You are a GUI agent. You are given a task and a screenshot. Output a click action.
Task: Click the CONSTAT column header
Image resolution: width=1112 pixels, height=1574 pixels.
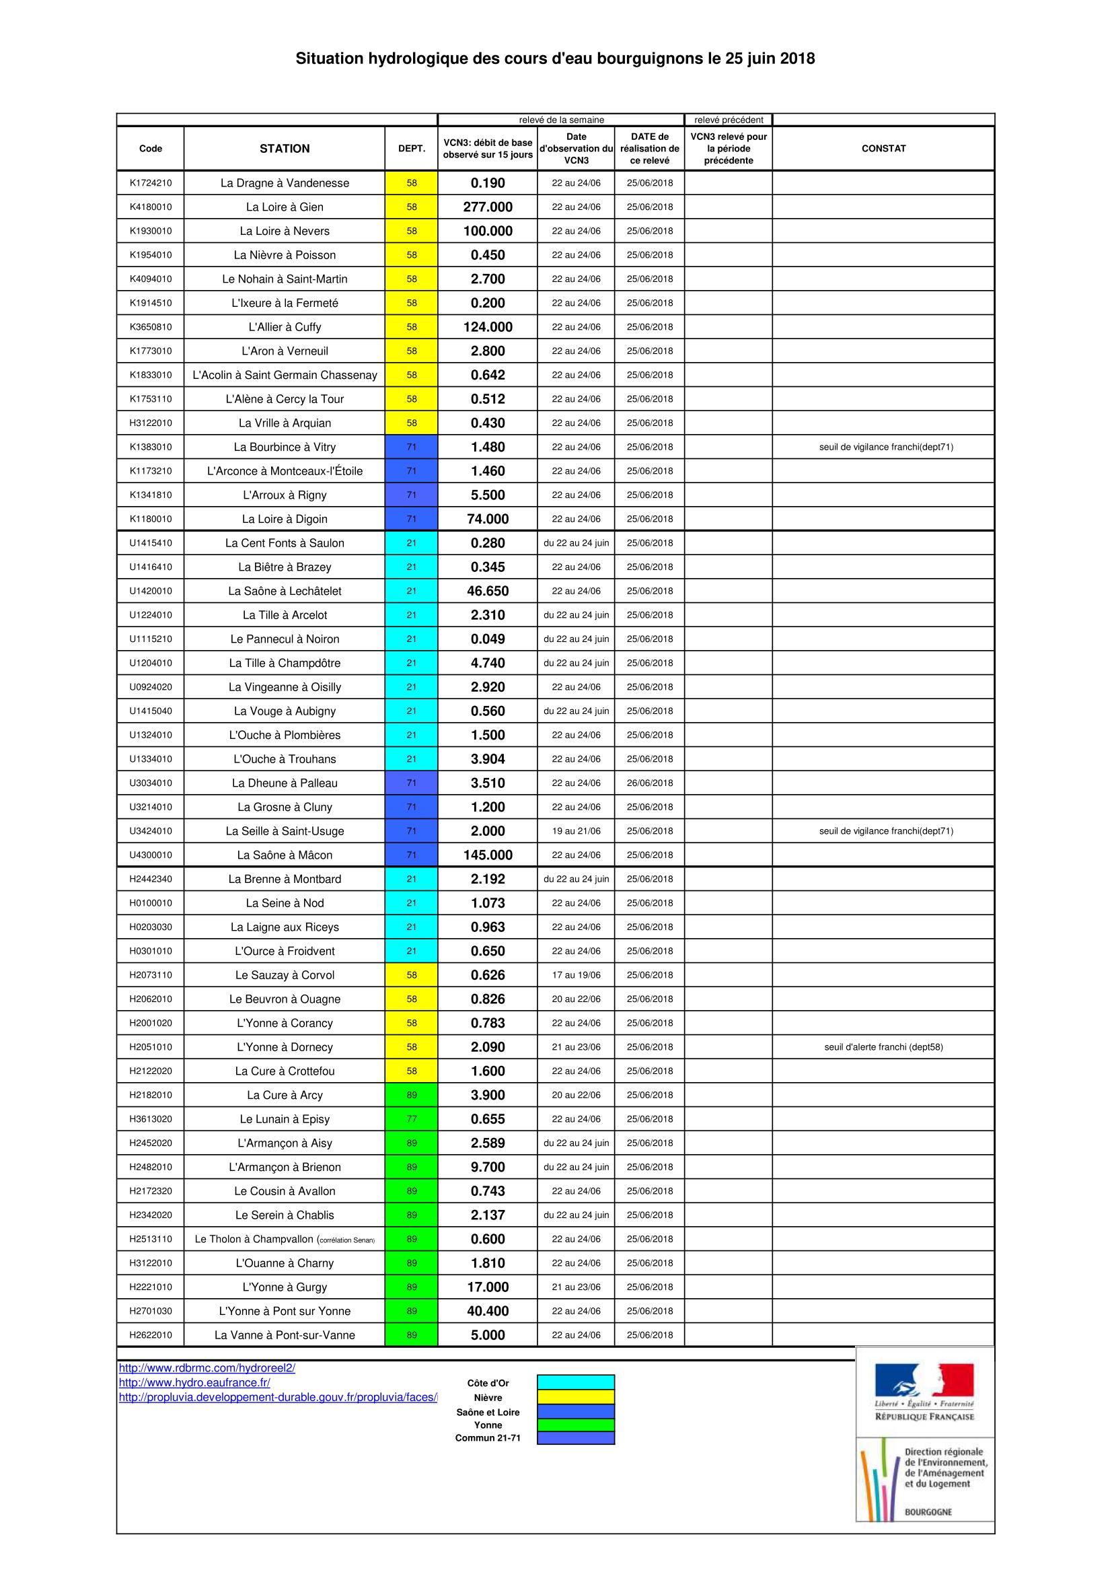pyautogui.click(x=883, y=148)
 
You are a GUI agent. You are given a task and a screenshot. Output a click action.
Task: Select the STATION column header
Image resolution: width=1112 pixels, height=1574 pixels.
pyautogui.click(x=285, y=148)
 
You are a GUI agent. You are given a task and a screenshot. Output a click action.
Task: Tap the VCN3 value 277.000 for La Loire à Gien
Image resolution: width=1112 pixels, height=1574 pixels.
pyautogui.click(x=487, y=207)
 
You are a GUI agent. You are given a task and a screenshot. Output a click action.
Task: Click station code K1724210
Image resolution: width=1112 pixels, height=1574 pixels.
pyautogui.click(x=151, y=183)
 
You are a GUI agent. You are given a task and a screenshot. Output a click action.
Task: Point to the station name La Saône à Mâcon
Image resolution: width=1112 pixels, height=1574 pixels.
pyautogui.click(x=285, y=855)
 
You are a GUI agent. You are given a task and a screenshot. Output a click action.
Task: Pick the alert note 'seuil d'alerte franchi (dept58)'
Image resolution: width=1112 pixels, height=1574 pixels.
pyautogui.click(x=883, y=1047)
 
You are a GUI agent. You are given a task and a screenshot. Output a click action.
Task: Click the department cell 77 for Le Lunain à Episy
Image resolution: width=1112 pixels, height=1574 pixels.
pyautogui.click(x=411, y=1119)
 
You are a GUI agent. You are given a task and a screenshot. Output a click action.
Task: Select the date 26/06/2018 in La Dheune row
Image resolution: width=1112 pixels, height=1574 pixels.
pyautogui.click(x=650, y=783)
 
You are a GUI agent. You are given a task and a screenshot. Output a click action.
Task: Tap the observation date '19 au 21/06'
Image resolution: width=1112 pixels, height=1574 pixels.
pyautogui.click(x=576, y=831)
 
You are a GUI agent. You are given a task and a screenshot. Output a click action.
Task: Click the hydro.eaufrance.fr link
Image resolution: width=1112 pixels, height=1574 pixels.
pyautogui.click(x=194, y=1383)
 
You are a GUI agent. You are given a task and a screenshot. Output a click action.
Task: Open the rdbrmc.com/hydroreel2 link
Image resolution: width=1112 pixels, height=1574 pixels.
pyautogui.click(x=207, y=1367)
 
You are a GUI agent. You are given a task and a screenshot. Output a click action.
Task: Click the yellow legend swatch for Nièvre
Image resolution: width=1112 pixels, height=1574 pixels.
pyautogui.click(x=576, y=1397)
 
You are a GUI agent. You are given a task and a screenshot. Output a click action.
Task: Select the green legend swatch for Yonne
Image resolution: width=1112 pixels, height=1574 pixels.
pyautogui.click(x=576, y=1425)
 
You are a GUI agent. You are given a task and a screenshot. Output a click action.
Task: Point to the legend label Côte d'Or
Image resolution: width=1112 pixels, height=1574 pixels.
pyautogui.click(x=488, y=1384)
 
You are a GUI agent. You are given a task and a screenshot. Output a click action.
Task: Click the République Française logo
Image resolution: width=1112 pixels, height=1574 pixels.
pyautogui.click(x=924, y=1392)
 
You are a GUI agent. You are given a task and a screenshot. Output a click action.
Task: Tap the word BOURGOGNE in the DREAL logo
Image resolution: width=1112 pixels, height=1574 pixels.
pyautogui.click(x=928, y=1511)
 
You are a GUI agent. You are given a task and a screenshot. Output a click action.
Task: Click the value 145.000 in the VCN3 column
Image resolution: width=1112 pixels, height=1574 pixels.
pyautogui.click(x=487, y=855)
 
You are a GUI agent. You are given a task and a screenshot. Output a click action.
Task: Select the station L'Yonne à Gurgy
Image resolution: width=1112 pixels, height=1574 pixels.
pyautogui.click(x=285, y=1287)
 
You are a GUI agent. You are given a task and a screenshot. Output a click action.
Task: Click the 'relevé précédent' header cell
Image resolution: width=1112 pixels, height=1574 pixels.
pyautogui.click(x=729, y=120)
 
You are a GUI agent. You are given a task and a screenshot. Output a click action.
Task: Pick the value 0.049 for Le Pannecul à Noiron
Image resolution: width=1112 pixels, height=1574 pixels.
pyautogui.click(x=487, y=639)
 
